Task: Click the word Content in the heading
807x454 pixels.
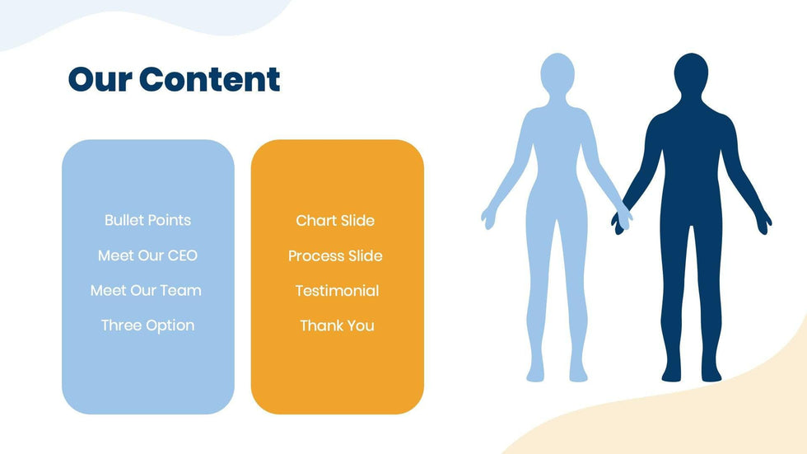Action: coord(209,79)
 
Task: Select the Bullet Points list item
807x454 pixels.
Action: coord(147,220)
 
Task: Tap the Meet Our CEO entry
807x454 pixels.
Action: coord(147,255)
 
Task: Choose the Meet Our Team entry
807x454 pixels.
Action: coord(146,290)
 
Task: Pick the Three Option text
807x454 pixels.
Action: coord(147,325)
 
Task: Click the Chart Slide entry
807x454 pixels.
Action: coord(335,220)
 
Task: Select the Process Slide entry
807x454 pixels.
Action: coord(335,255)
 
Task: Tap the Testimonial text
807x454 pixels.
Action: coord(337,291)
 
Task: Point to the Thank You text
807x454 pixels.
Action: coord(337,325)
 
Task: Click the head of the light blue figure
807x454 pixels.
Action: coord(557,73)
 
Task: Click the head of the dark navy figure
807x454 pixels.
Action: coord(691,73)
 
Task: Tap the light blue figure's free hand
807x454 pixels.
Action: coord(488,218)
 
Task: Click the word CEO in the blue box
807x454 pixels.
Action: coord(183,255)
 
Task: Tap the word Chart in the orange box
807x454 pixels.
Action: coord(314,220)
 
